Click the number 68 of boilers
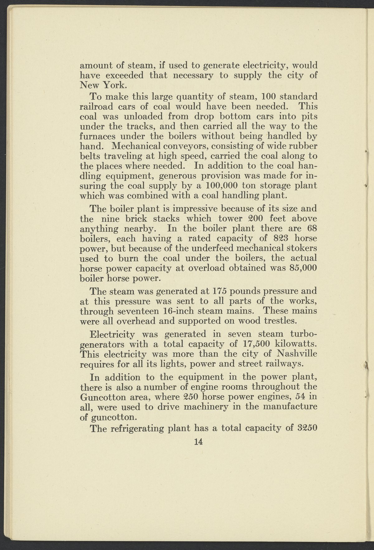pyautogui.click(x=312, y=228)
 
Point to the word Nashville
pyautogui.click(x=297, y=354)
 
